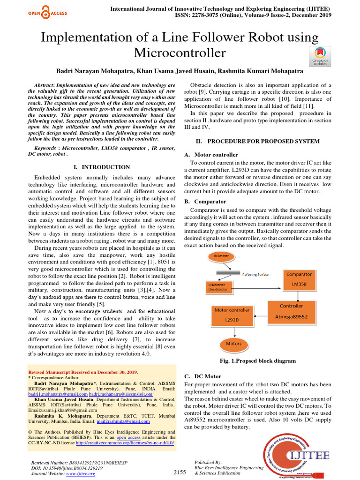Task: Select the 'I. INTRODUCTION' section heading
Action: click(102, 167)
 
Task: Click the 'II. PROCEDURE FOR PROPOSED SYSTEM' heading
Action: click(257, 141)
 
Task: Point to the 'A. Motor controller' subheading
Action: click(211, 154)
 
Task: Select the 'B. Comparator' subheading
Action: click(205, 202)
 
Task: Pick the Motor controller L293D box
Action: click(232, 315)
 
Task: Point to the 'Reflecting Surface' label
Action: click(255, 275)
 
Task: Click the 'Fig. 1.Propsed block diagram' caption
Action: click(258, 361)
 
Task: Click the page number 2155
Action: click(180, 472)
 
